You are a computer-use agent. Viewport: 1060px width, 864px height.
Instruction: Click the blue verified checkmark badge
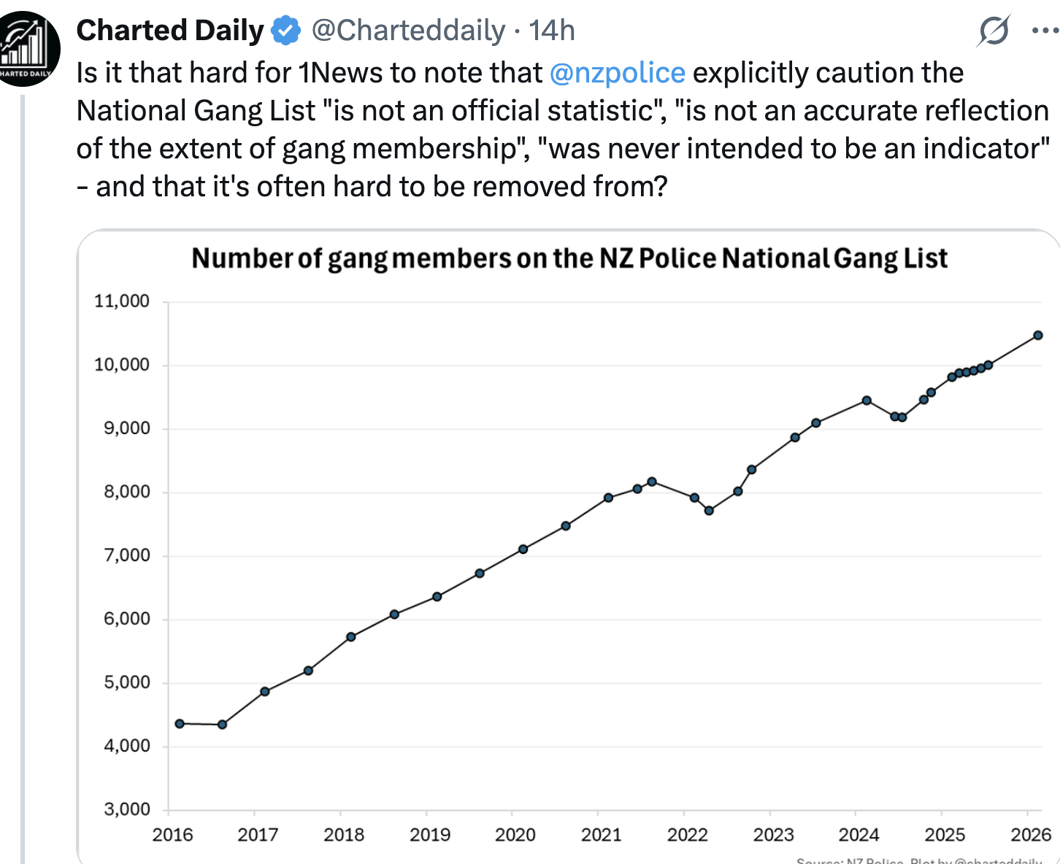coord(286,31)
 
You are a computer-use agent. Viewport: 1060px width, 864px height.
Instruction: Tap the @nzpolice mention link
coord(617,73)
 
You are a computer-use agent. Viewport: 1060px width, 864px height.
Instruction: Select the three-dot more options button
coord(1045,31)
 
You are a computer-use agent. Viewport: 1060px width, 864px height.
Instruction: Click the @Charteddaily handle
coord(408,31)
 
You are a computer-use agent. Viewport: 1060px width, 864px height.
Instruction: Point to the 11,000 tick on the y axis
coord(122,301)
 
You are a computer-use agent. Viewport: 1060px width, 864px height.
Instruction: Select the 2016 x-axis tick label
coord(172,835)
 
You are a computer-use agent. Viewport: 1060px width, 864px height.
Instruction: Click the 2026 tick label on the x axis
coord(1031,835)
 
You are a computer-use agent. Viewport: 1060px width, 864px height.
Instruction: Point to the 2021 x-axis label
coord(602,835)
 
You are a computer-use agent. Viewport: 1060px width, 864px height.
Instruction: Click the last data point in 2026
coord(1038,336)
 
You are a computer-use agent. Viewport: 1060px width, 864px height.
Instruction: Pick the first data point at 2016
coord(180,724)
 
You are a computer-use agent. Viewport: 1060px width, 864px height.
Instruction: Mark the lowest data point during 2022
coord(709,511)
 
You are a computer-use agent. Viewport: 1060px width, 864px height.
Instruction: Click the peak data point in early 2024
coord(867,401)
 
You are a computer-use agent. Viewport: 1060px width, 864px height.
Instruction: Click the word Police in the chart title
coord(678,258)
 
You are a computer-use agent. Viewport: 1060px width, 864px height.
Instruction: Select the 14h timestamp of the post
coord(552,31)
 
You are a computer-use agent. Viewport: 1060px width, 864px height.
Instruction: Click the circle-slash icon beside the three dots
coord(994,31)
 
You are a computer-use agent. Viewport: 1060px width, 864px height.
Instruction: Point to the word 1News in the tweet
coord(341,73)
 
